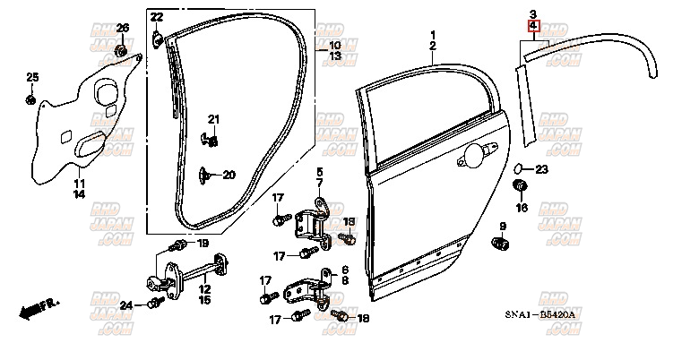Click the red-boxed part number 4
pos(532,27)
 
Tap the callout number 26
pos(123,29)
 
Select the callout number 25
pos(32,76)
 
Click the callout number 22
pos(157,17)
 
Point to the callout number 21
pos(213,119)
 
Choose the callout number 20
pos(228,175)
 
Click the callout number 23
pos(541,168)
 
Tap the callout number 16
pos(522,208)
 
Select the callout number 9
pos(503,226)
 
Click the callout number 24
pos(126,305)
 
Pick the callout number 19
pos(203,244)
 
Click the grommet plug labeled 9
pos(502,244)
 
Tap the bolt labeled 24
pos(153,304)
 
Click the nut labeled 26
pos(122,49)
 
